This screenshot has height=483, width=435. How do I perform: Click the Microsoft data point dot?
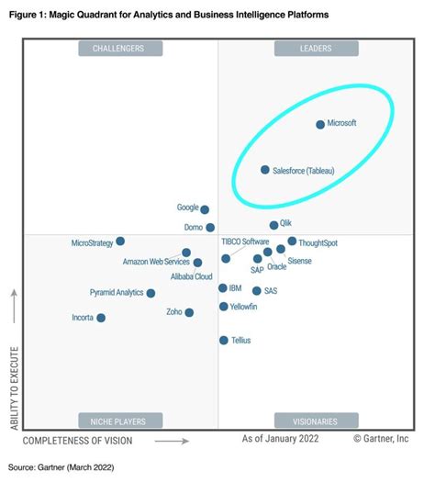[x=320, y=124]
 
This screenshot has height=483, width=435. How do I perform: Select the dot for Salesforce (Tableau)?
[x=265, y=170]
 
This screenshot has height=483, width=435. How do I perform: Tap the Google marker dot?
[x=205, y=209]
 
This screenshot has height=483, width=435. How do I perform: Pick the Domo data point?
[x=210, y=227]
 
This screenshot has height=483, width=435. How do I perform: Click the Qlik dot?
[x=273, y=225]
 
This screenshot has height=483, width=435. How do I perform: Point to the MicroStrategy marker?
[x=120, y=242]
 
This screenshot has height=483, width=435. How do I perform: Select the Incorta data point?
[x=101, y=318]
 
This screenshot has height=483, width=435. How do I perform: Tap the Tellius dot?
[x=223, y=340]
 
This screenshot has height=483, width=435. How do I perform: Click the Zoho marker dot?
[x=189, y=312]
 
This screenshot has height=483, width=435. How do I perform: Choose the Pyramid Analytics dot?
[x=151, y=293]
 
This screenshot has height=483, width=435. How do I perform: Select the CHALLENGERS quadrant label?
[x=119, y=48]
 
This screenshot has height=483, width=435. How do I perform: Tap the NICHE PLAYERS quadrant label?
[x=119, y=421]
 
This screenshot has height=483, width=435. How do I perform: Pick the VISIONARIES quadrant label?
[x=314, y=421]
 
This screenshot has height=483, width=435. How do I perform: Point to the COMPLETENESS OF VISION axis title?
[x=77, y=441]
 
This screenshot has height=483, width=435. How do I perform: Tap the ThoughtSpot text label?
[x=318, y=242]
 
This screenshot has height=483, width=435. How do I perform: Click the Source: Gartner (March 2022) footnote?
[x=61, y=467]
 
